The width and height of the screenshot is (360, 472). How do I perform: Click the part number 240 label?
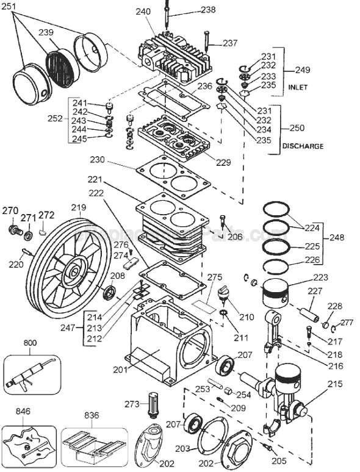point(143,12)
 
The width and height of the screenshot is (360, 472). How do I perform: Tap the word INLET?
point(297,88)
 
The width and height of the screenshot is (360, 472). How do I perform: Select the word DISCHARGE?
point(303,146)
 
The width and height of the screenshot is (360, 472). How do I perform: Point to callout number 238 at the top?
point(208,10)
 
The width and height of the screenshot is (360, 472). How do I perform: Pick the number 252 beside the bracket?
point(56,119)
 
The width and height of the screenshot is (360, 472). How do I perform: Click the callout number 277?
point(347,323)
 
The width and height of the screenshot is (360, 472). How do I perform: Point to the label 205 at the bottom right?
point(278,461)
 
